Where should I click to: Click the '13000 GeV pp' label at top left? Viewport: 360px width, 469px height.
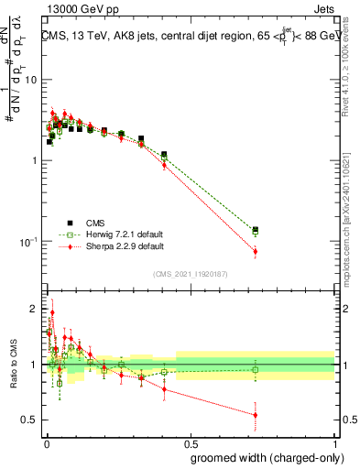67,7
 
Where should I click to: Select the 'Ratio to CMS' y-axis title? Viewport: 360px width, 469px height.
12,365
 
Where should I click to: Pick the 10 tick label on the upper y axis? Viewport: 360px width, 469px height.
31,80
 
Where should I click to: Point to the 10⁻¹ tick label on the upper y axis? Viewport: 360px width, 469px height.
29,241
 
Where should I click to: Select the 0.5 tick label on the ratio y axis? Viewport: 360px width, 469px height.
30,420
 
